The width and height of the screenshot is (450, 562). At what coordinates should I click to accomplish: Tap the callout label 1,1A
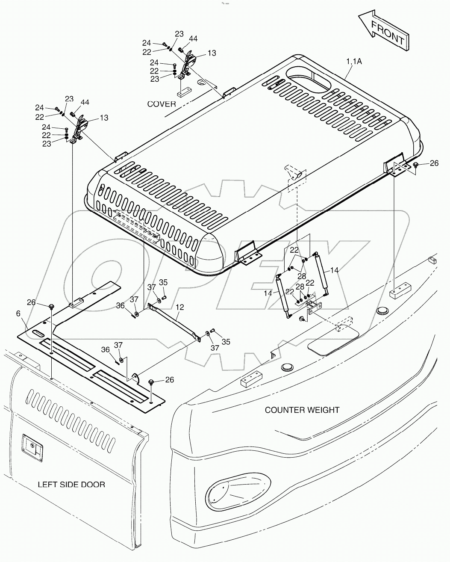[x=353, y=62]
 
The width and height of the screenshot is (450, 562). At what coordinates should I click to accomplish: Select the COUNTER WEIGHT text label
[x=302, y=410]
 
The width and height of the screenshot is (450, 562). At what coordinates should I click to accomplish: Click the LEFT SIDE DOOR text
[x=71, y=484]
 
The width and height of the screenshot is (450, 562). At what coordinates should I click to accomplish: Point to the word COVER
[x=162, y=104]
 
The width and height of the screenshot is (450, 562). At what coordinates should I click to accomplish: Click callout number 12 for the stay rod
[x=179, y=308]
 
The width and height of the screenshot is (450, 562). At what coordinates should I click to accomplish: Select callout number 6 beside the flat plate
[x=18, y=314]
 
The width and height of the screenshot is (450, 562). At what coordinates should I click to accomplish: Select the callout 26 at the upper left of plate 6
[x=31, y=302]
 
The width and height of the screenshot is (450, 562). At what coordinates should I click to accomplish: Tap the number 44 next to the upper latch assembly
[x=193, y=39]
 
